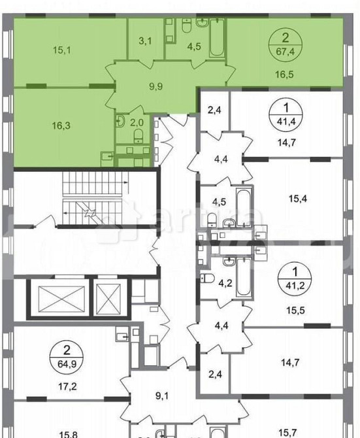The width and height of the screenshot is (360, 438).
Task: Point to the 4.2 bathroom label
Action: [x=225, y=284]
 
